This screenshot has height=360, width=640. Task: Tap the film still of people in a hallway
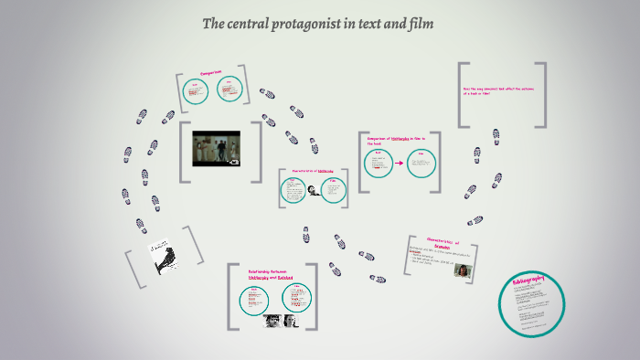216,148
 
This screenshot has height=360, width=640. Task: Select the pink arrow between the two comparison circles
399,164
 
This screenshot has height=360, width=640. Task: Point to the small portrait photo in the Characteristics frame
463,270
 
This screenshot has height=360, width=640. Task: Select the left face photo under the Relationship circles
272,321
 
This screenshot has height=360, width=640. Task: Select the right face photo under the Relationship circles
291,321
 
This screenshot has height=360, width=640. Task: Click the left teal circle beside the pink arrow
378,164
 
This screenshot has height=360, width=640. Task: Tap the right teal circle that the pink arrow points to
421,164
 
